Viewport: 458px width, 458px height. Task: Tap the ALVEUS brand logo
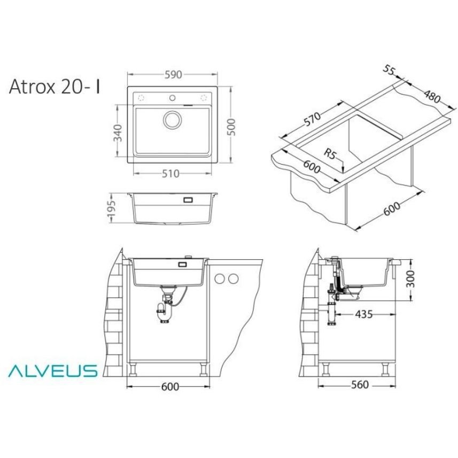[52, 370]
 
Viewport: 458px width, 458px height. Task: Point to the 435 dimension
[363, 314]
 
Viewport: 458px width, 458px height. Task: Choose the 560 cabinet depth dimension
[359, 385]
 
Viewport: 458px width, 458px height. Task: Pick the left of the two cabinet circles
[220, 278]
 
